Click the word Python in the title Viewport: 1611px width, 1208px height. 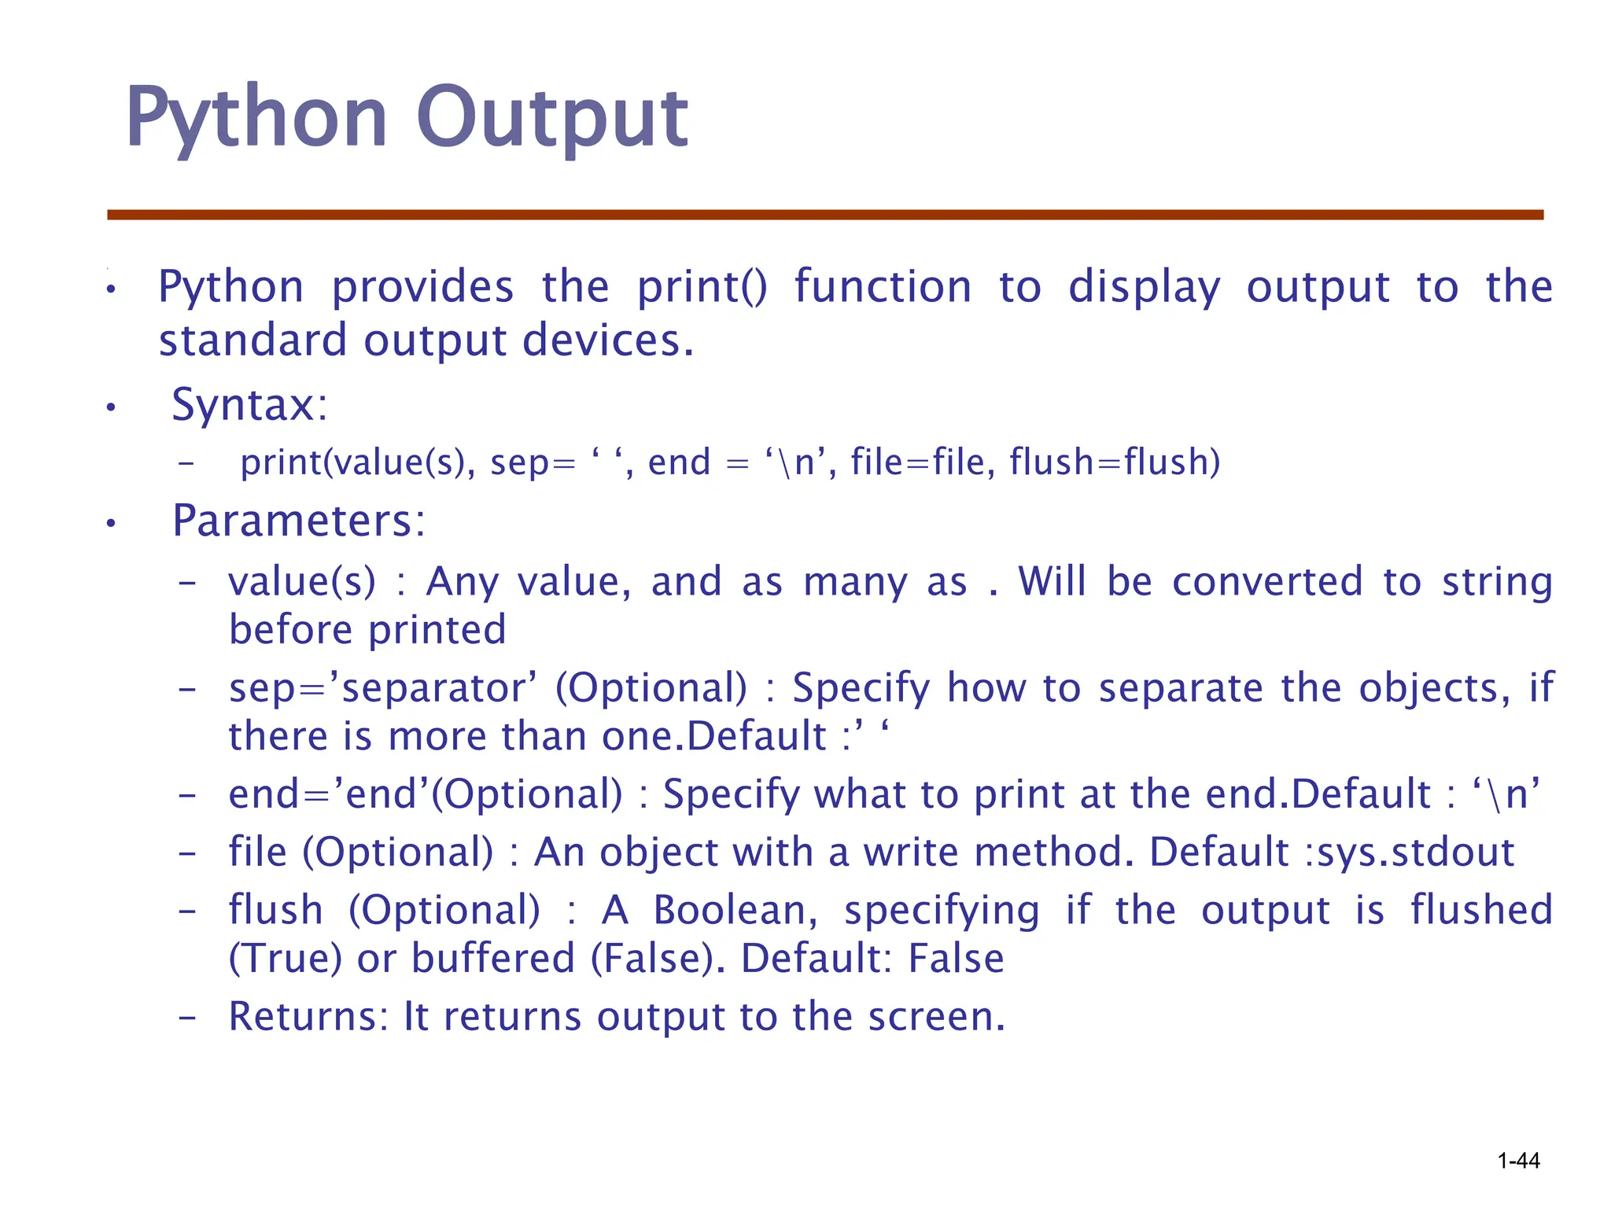tap(256, 118)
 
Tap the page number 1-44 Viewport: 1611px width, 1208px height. tap(1518, 1161)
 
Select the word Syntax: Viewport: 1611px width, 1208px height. tap(249, 405)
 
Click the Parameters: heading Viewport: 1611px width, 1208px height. tap(299, 521)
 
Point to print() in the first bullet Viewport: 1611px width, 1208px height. tap(701, 286)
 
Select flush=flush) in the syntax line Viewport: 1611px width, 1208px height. tap(1115, 462)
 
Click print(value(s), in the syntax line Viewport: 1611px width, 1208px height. tap(358, 462)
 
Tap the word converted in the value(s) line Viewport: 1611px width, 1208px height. tap(1266, 582)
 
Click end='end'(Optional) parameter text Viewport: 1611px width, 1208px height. tap(425, 794)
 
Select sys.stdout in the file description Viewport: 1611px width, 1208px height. tap(1415, 852)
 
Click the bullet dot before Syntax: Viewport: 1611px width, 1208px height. tap(112, 407)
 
